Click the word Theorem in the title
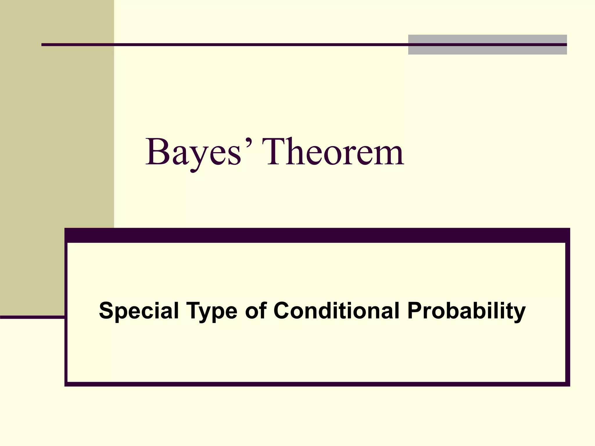tap(333, 152)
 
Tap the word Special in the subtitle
tap(139, 311)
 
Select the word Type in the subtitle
tap(212, 311)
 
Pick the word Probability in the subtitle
tap(466, 311)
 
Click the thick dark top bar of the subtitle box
tap(317, 235)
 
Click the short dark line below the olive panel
tap(32, 317)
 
